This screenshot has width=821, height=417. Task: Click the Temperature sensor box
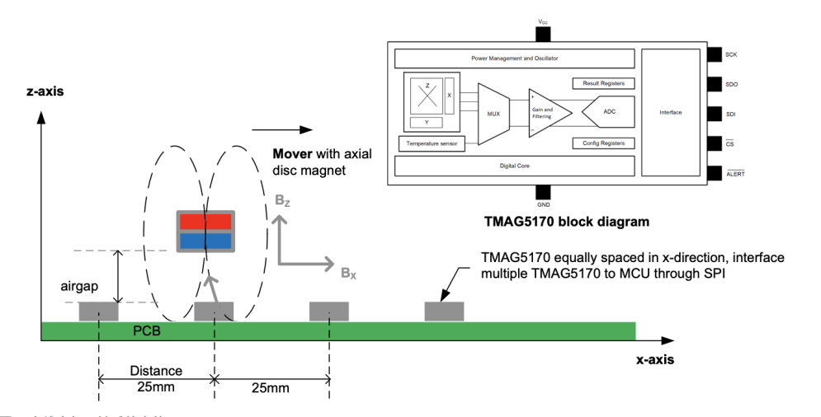[430, 143]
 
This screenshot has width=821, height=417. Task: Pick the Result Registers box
[603, 83]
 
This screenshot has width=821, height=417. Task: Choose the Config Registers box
[603, 143]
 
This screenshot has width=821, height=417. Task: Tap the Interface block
[670, 111]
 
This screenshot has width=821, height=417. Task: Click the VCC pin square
[542, 33]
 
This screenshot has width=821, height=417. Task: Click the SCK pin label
[731, 54]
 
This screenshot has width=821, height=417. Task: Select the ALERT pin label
[735, 174]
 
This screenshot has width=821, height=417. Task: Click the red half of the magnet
[207, 222]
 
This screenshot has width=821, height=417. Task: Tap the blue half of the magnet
[207, 240]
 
